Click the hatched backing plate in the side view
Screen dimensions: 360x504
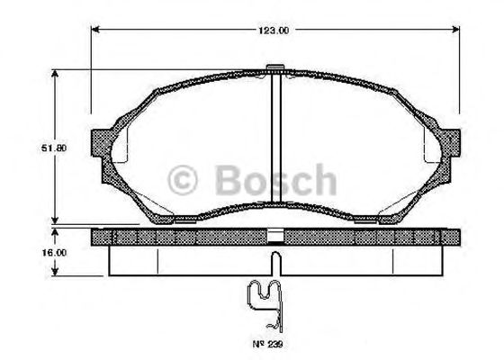click(180, 238)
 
